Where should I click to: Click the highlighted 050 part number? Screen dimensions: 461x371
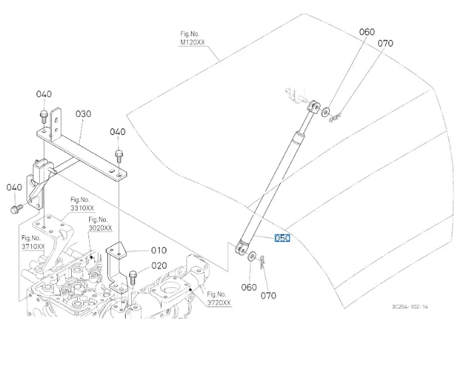(x=282, y=238)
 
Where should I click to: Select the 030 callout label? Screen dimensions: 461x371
(x=83, y=114)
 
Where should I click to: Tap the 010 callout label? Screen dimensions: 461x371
(x=159, y=250)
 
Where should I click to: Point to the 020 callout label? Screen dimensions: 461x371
(x=159, y=265)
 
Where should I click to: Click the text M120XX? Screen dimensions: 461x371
(x=192, y=43)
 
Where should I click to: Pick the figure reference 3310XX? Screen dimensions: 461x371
(x=82, y=208)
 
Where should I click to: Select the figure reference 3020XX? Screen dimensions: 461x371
(x=100, y=228)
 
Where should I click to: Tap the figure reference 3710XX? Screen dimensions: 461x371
(x=33, y=246)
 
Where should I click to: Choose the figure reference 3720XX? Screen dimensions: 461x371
(x=219, y=303)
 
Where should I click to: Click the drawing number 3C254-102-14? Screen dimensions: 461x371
(x=410, y=307)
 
